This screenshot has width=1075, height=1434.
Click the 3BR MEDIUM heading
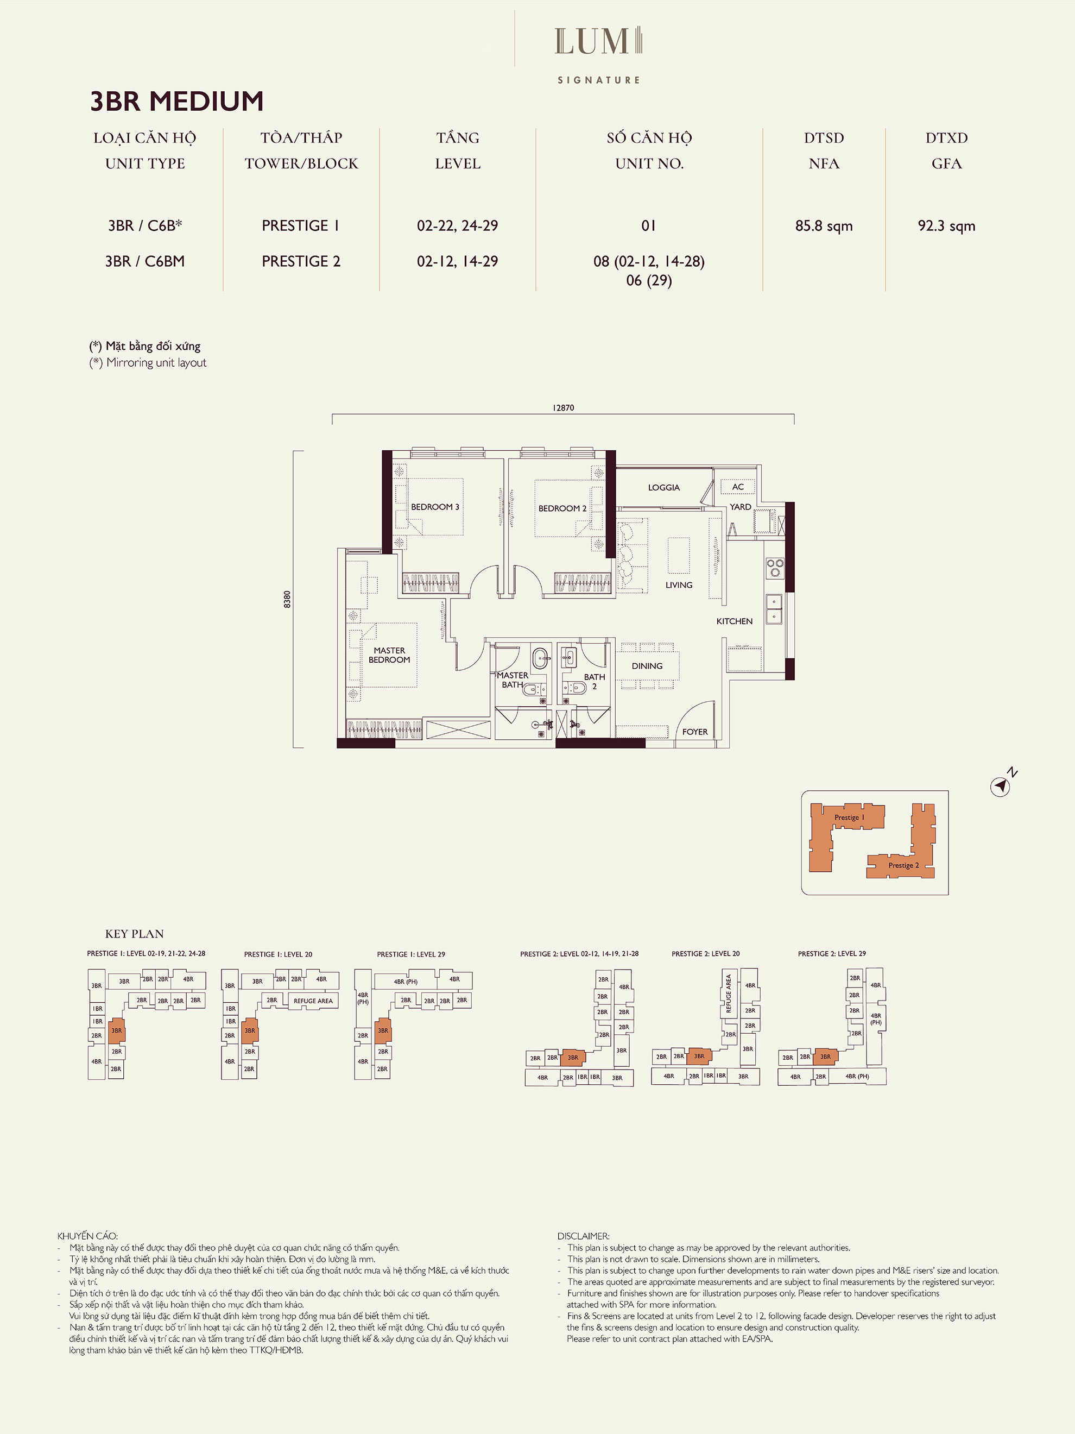(176, 101)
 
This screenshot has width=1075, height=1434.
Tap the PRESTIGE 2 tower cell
(301, 261)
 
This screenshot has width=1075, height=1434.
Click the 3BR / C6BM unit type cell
(144, 261)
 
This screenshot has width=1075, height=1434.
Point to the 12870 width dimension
(563, 408)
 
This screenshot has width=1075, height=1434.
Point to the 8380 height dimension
(287, 599)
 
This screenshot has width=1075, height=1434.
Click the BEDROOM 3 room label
(435, 507)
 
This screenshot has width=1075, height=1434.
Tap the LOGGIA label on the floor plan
(663, 488)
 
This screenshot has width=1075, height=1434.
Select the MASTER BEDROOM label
(389, 655)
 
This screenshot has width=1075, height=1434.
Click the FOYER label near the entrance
(694, 732)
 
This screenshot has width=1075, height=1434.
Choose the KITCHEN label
(734, 621)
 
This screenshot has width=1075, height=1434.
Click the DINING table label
(647, 666)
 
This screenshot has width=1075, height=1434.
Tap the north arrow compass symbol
(1001, 787)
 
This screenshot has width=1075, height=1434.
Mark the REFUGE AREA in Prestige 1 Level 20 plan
(313, 1001)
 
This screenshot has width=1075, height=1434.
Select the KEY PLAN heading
(134, 934)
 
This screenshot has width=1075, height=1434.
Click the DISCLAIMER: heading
(583, 1236)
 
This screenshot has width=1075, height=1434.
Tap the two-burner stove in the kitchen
(774, 568)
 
